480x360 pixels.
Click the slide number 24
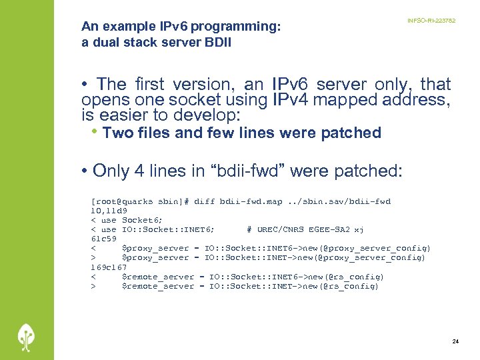point(455,341)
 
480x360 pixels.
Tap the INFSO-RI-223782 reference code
point(431,21)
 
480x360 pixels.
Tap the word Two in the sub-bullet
point(118,133)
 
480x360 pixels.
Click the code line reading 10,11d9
point(104,211)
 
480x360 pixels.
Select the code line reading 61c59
point(104,239)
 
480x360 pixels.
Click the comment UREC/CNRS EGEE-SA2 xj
point(305,229)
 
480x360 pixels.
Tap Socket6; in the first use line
point(143,220)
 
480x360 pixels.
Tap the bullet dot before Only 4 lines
point(85,171)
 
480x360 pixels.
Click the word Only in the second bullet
point(111,171)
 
